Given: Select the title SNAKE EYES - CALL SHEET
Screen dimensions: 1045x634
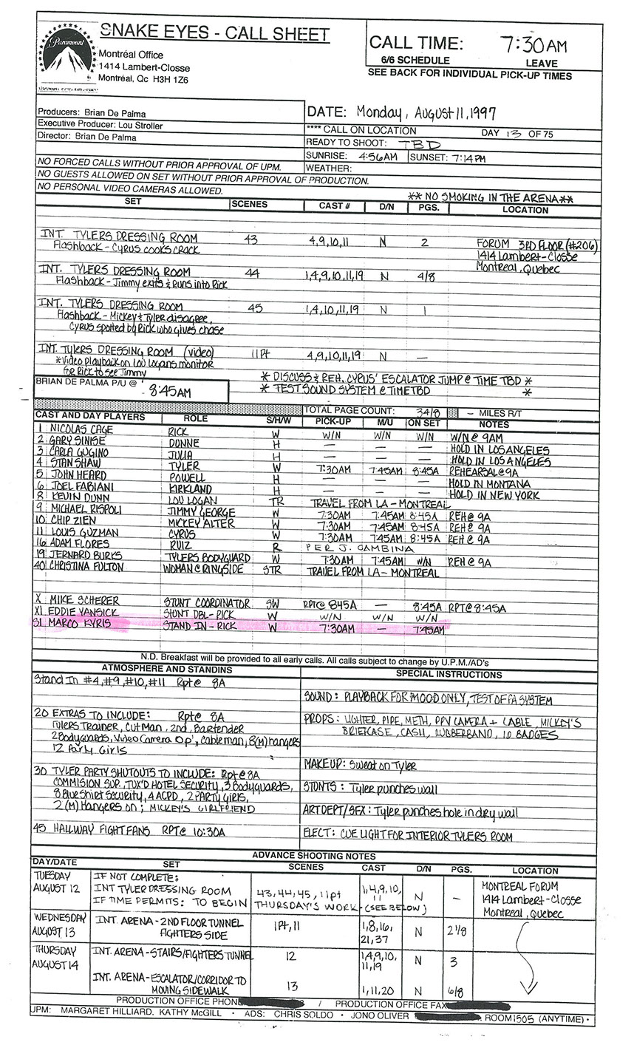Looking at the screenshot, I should pos(214,33).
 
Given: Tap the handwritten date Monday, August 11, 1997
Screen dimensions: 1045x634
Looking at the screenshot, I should pos(426,112).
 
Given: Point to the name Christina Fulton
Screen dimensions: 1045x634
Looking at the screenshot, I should pos(86,566).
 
